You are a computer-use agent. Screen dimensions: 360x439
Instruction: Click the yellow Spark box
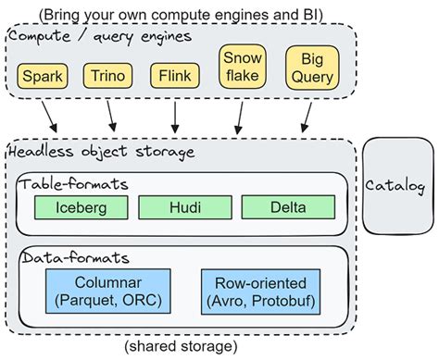pyautogui.click(x=42, y=74)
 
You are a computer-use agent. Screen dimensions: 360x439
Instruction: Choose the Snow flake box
pyautogui.click(x=239, y=67)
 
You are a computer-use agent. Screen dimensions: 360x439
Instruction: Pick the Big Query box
pyautogui.click(x=308, y=67)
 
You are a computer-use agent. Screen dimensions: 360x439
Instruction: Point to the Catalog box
pyautogui.click(x=395, y=186)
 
